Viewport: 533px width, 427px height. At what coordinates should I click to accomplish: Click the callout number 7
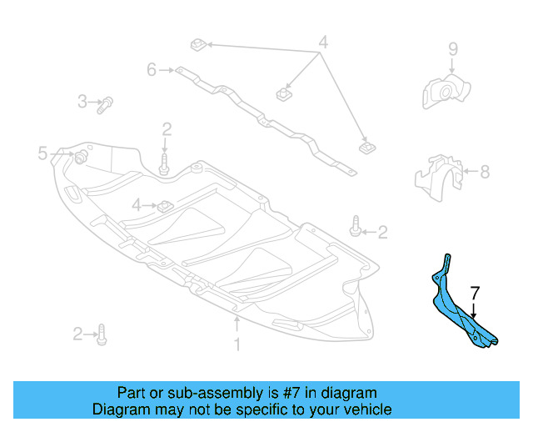pos(475,293)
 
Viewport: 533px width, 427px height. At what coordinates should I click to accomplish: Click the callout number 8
pos(485,172)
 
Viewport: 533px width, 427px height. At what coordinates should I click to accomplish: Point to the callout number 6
pos(152,70)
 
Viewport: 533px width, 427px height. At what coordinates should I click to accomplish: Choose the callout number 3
pos(82,102)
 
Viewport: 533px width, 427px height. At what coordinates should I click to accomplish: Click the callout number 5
pos(42,153)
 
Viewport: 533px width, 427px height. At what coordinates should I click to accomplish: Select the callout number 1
pos(237,343)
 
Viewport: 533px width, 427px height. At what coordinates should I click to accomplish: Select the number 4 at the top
pos(322,42)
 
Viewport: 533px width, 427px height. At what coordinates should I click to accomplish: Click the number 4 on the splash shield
pos(137,204)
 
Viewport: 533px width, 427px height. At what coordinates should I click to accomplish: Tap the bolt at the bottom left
pos(102,334)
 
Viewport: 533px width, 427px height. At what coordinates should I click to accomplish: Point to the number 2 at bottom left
pos(77,334)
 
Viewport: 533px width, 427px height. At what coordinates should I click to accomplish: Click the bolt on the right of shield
pos(356,226)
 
